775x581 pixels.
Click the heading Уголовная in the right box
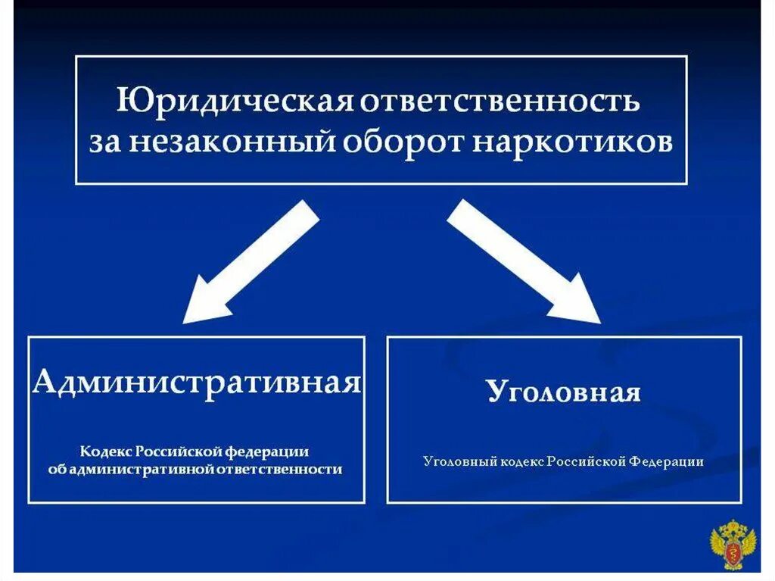(x=564, y=392)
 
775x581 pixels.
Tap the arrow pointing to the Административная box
(x=250, y=262)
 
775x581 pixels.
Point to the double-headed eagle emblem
(x=732, y=542)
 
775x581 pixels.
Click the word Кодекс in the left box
(x=106, y=451)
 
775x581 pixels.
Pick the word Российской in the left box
(x=179, y=451)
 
